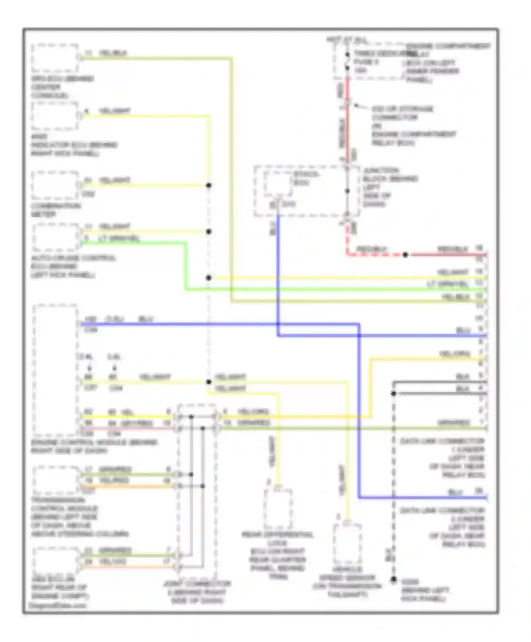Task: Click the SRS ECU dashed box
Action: [55, 58]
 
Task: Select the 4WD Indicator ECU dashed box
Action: [55, 116]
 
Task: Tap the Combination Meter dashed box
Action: [55, 185]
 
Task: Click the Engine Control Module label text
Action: [94, 447]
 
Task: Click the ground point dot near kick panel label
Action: [394, 579]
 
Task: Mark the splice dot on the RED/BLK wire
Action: [405, 255]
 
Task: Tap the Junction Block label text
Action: [389, 187]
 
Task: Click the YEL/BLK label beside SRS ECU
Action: [113, 53]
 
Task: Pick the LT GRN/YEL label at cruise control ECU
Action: [119, 238]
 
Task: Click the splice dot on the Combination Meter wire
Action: [209, 185]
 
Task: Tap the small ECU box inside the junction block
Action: [278, 183]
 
